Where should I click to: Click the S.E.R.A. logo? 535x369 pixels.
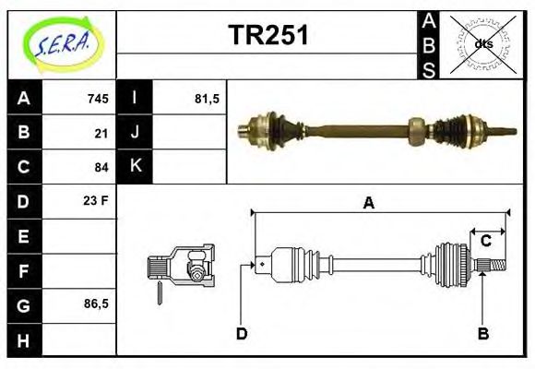click(x=62, y=44)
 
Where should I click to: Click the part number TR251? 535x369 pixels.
click(x=268, y=35)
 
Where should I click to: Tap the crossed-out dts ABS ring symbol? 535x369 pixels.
click(x=483, y=43)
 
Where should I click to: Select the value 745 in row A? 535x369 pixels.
click(x=98, y=99)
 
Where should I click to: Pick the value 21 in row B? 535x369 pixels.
click(x=101, y=133)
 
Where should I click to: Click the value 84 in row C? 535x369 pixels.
click(x=101, y=167)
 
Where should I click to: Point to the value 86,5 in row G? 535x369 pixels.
click(x=96, y=304)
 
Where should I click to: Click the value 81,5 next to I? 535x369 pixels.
click(x=207, y=99)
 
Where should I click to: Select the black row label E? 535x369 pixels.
click(x=24, y=236)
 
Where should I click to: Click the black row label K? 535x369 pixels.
click(x=136, y=167)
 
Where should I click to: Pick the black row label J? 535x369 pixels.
click(x=136, y=133)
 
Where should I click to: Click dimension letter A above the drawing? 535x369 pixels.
click(x=369, y=204)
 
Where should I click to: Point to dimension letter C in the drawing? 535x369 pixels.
click(x=485, y=242)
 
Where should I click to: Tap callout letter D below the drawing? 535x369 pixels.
click(x=242, y=334)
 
